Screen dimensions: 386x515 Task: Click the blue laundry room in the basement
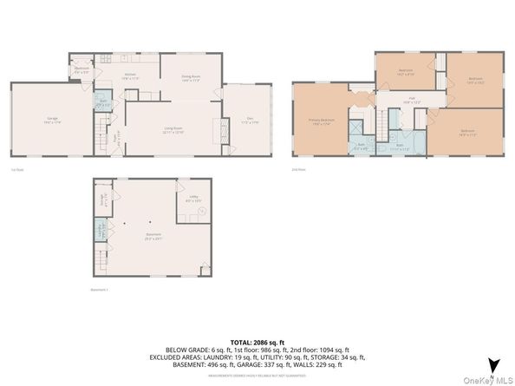click(101, 231)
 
